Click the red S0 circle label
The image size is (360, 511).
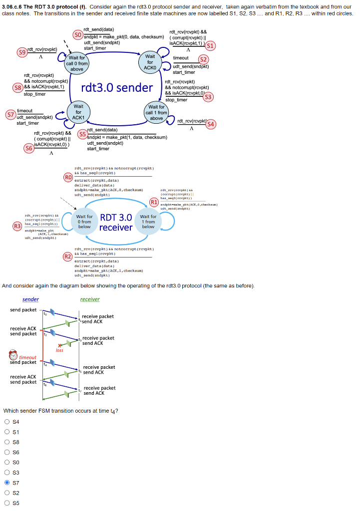pyautogui.click(x=77, y=34)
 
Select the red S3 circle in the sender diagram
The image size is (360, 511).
pyautogui.click(x=208, y=96)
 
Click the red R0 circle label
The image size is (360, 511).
pyautogui.click(x=68, y=176)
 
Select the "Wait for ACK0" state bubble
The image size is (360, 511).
pyautogui.click(x=150, y=62)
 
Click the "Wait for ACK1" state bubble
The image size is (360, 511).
pyautogui.click(x=78, y=112)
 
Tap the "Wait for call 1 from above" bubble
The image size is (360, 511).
pyautogui.click(x=156, y=113)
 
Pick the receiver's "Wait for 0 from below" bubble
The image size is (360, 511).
pyautogui.click(x=84, y=222)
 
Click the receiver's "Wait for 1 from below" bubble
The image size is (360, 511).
pyautogui.click(x=149, y=222)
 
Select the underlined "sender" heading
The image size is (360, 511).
pyautogui.click(x=30, y=299)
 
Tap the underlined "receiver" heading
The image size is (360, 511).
pyautogui.click(x=90, y=299)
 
